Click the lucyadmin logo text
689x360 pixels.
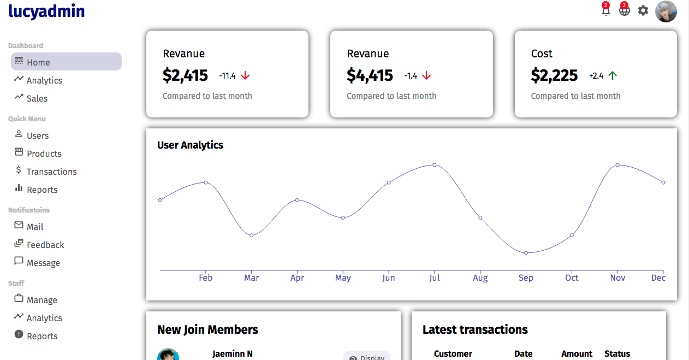[x=46, y=11]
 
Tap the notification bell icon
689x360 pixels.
[x=605, y=10]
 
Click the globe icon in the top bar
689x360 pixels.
[x=624, y=10]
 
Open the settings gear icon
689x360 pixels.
[x=643, y=10]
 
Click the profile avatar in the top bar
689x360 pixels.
[x=666, y=11]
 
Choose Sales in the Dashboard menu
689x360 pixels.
[x=37, y=98]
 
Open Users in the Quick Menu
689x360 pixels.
[x=38, y=135]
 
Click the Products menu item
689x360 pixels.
[x=44, y=154]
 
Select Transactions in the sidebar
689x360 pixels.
[x=51, y=172]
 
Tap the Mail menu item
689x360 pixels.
[x=35, y=227]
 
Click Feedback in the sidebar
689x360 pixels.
[x=45, y=245]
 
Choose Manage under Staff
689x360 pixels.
[x=41, y=300]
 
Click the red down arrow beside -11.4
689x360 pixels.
[x=245, y=76]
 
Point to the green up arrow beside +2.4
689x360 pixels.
[x=613, y=76]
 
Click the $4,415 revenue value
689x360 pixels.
[x=370, y=75]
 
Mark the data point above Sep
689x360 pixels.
[x=526, y=253]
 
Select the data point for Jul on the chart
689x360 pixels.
[x=435, y=164]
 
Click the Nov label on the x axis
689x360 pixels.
[x=617, y=278]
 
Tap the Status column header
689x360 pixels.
[x=617, y=353]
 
